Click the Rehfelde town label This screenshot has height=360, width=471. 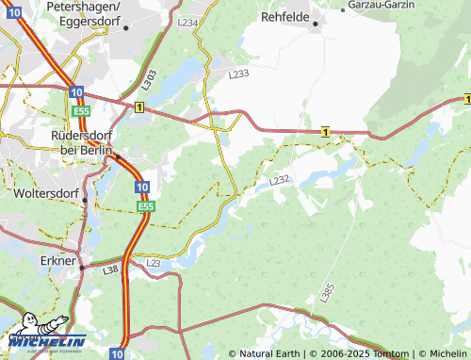click(x=285, y=16)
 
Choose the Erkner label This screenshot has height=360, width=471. click(x=59, y=259)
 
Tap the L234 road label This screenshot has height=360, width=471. click(x=187, y=22)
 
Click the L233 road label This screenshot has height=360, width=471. click(x=239, y=73)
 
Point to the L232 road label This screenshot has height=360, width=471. click(x=279, y=179)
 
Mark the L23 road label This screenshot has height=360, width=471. click(x=154, y=263)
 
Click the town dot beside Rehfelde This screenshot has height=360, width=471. click(x=316, y=24)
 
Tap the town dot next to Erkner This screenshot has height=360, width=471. click(x=81, y=268)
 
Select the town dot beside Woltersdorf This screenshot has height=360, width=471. click(x=85, y=200)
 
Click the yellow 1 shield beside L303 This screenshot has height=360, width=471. click(x=139, y=108)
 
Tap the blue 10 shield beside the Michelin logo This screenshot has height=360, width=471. click(x=116, y=353)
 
